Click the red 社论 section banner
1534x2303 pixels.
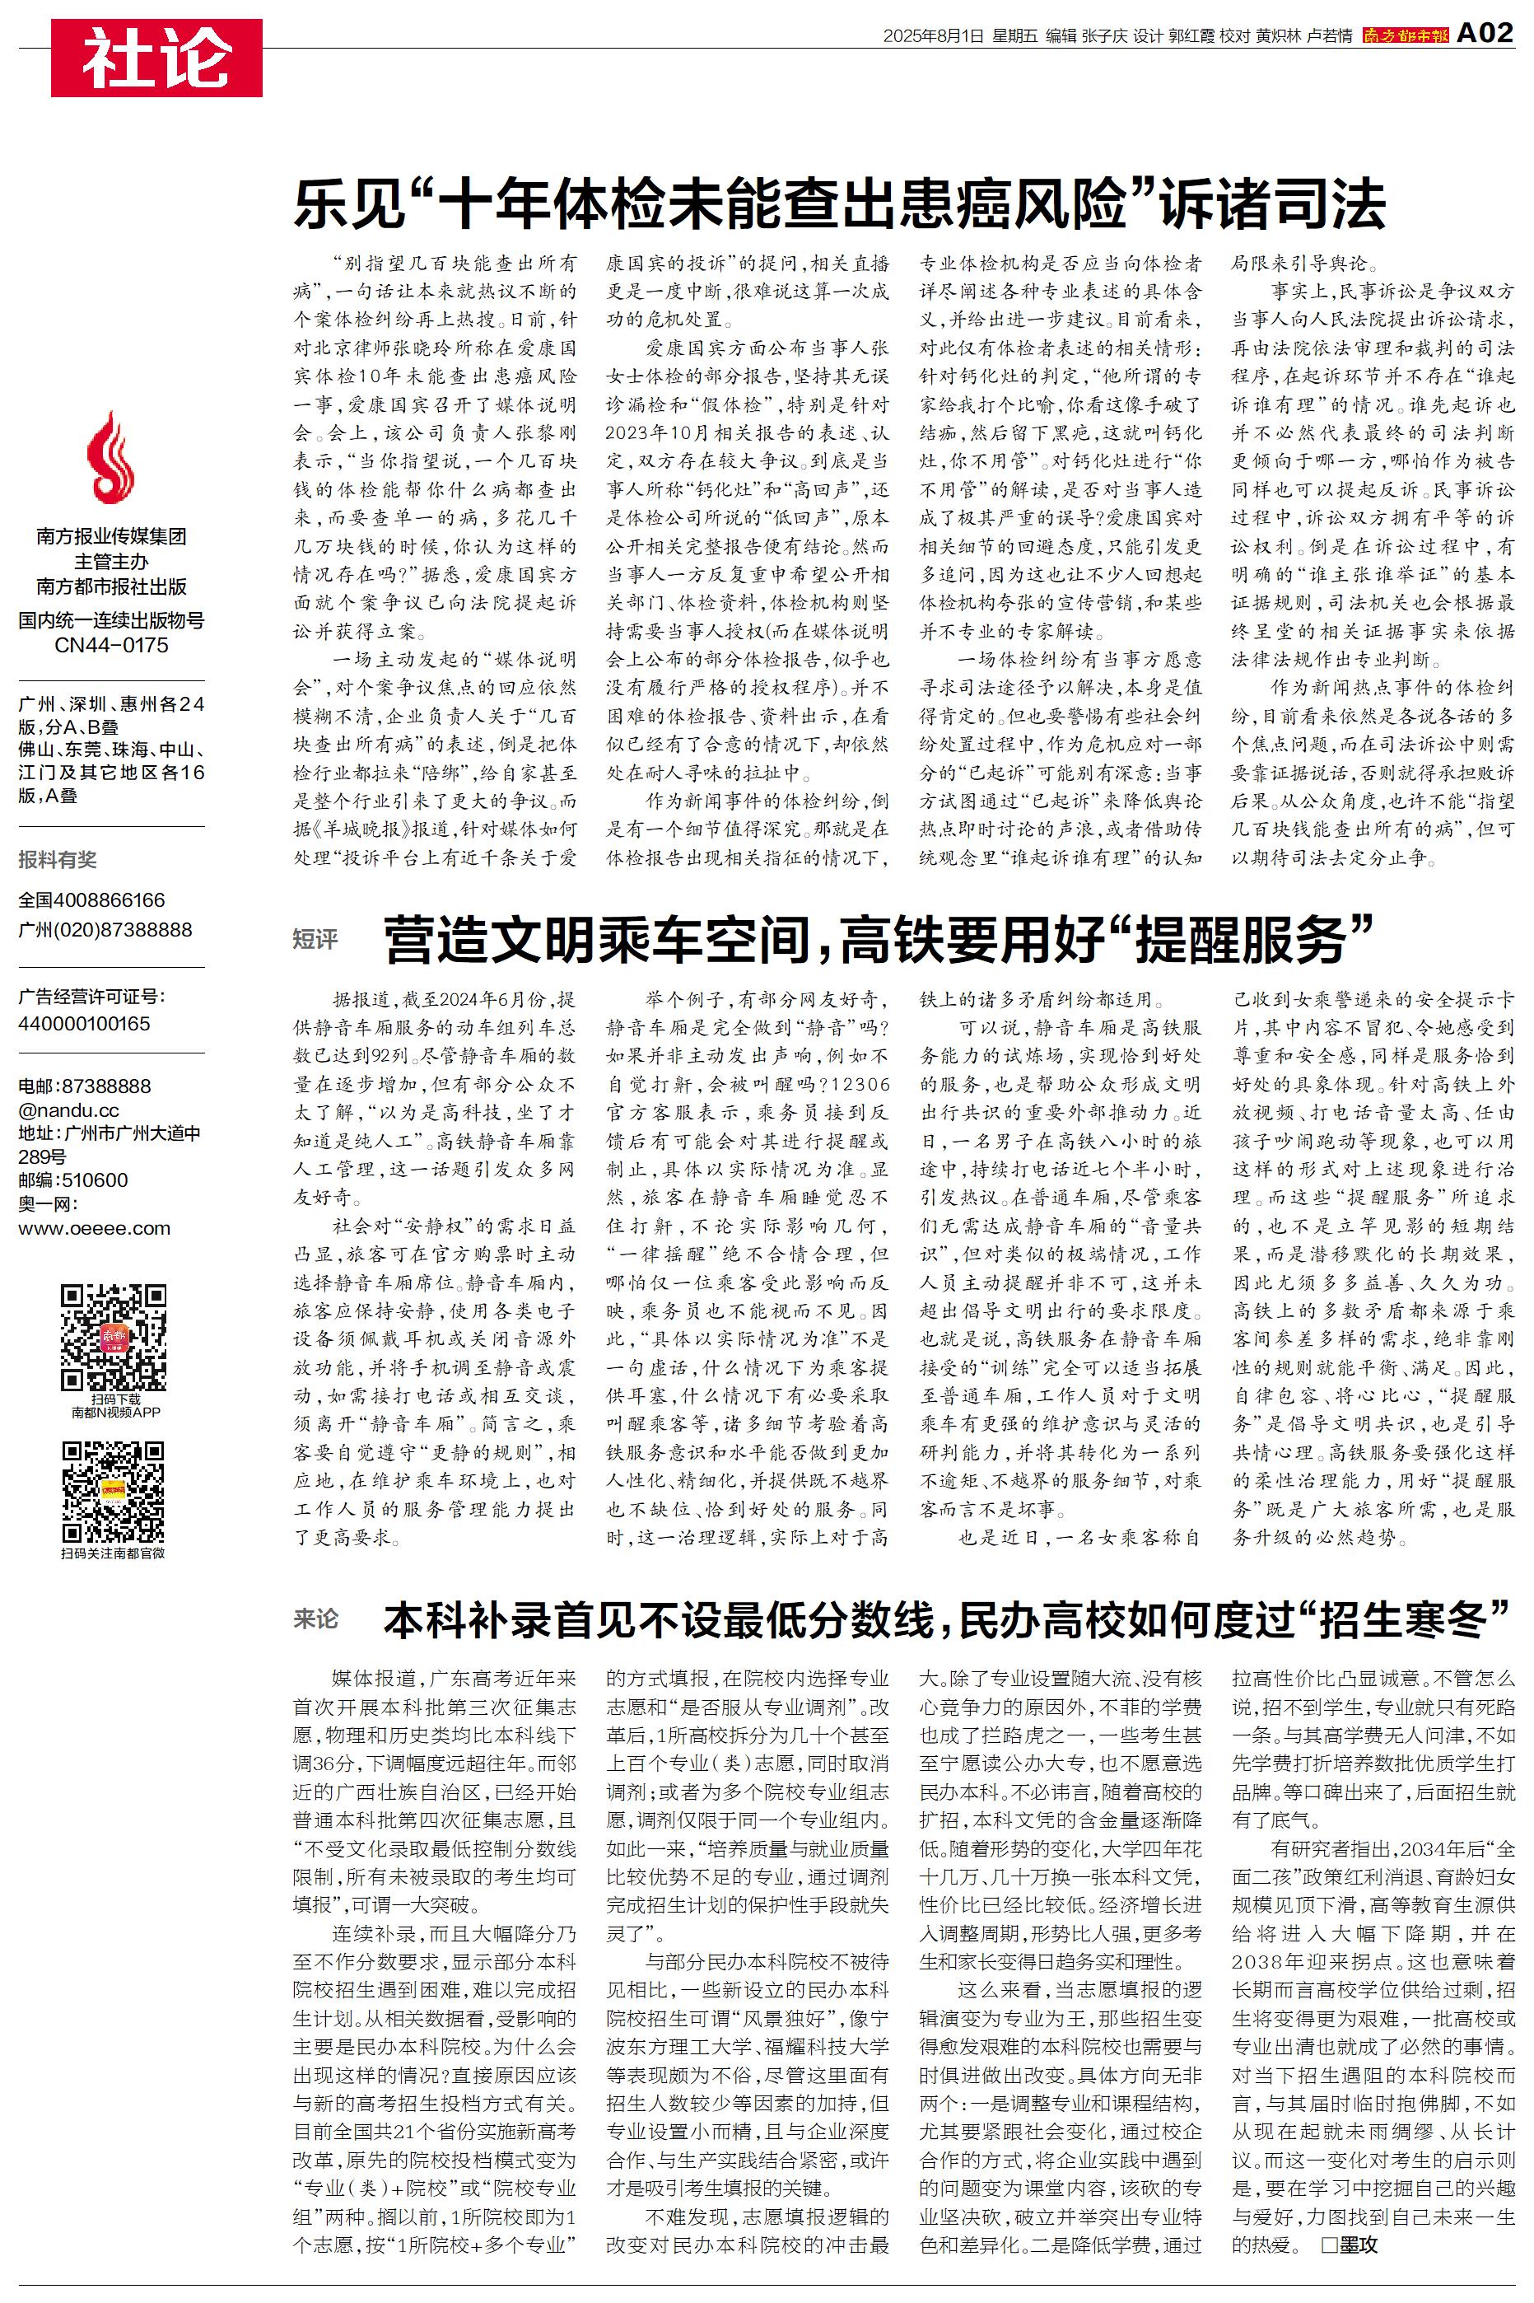point(156,58)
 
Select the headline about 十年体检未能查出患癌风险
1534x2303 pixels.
point(839,203)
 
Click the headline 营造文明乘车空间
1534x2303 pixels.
point(879,939)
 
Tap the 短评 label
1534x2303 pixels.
point(315,939)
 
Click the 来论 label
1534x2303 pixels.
point(315,1619)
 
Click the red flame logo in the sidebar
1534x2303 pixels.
point(110,457)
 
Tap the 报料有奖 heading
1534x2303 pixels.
point(58,860)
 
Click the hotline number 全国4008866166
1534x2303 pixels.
point(92,900)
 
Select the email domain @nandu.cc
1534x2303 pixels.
point(68,1110)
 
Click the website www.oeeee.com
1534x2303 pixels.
point(94,1229)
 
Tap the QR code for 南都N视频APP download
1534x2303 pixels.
point(113,1338)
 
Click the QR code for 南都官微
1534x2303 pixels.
point(113,1491)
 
